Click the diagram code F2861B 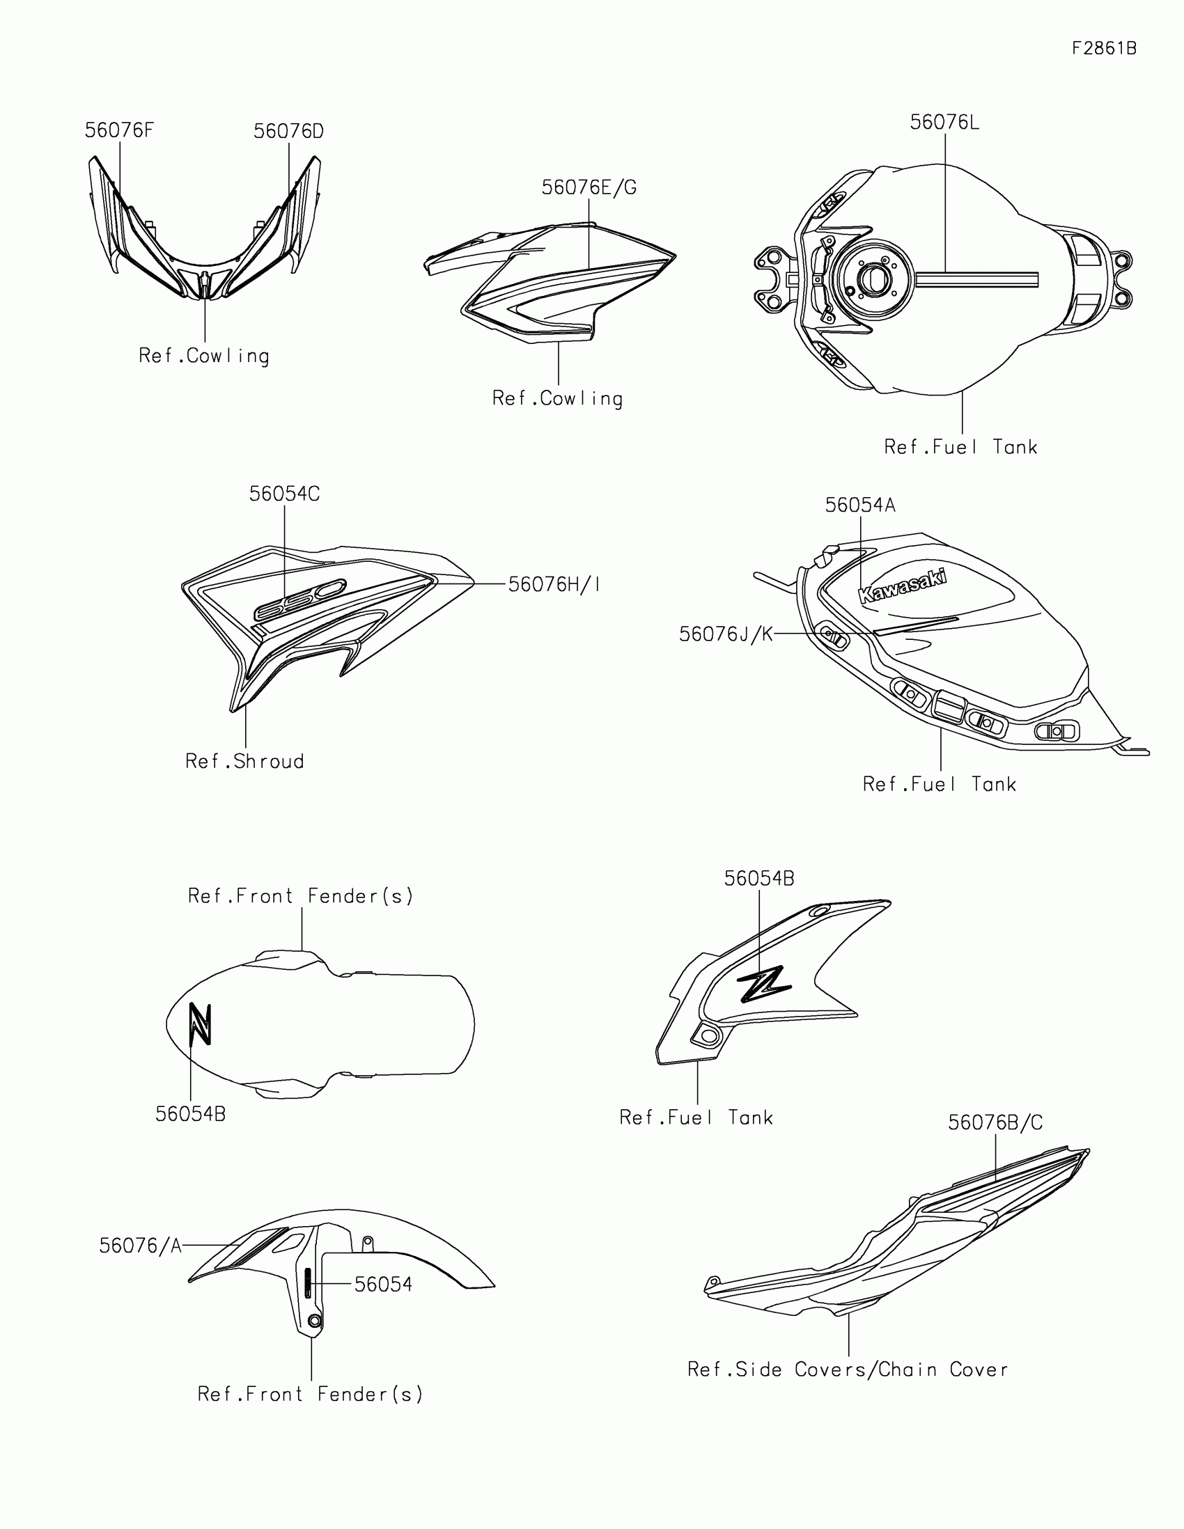click(x=1103, y=48)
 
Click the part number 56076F click(x=119, y=131)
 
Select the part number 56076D click(x=288, y=132)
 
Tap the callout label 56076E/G click(x=589, y=187)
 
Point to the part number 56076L click(x=944, y=123)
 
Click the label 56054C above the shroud click(x=284, y=494)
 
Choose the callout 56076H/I click(x=554, y=585)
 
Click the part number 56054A click(x=860, y=505)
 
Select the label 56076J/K click(x=726, y=634)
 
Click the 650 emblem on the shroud click(x=299, y=600)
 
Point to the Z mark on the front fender click(x=201, y=1024)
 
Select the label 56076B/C click(x=995, y=1123)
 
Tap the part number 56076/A click(x=140, y=1246)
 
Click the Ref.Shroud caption click(x=244, y=762)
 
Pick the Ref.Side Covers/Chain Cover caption click(x=847, y=1370)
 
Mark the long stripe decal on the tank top click(x=976, y=280)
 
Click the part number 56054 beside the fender click(x=383, y=1285)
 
